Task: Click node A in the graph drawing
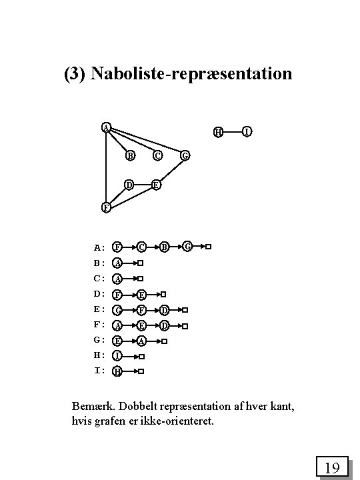coord(106,127)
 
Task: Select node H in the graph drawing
coord(218,132)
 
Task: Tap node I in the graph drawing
coord(247,132)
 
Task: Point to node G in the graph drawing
coord(185,156)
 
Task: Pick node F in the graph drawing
coord(106,207)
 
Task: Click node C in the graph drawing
coord(157,156)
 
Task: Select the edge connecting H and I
coord(232,132)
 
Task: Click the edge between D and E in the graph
coord(142,184)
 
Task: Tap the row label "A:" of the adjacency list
coord(99,247)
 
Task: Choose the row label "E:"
coord(99,309)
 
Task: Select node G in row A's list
coord(188,247)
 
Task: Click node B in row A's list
coord(165,247)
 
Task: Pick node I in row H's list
coord(117,356)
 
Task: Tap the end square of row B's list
coord(141,263)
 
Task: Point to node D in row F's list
coord(165,325)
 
